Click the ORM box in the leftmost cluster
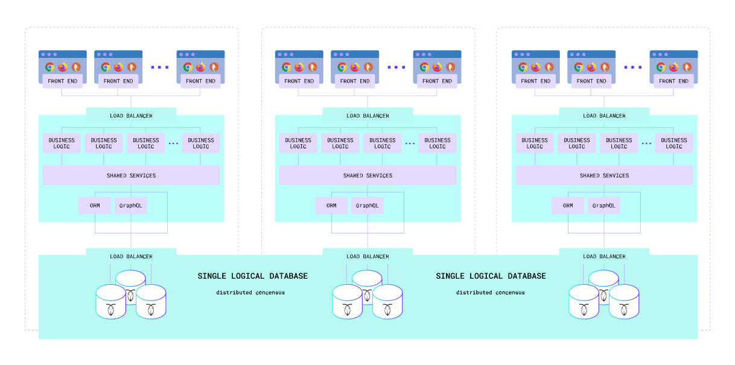[95, 206]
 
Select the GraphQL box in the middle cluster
[367, 206]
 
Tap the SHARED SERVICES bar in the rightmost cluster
[604, 176]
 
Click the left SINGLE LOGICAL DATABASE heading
[252, 276]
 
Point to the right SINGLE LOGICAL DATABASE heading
[491, 276]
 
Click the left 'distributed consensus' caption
[250, 293]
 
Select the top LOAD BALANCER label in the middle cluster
[367, 116]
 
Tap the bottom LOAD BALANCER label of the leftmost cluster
[131, 256]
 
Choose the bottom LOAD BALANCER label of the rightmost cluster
[604, 256]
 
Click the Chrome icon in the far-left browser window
[50, 67]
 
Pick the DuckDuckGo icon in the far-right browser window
[687, 67]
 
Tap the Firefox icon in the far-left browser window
[63, 67]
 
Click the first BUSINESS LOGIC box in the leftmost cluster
[62, 144]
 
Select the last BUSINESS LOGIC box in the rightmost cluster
[674, 144]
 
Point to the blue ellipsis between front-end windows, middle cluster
[396, 68]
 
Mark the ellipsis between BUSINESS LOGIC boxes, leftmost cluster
[173, 144]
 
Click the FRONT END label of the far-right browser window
[673, 81]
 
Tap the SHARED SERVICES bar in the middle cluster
[367, 176]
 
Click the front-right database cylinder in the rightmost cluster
[624, 302]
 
